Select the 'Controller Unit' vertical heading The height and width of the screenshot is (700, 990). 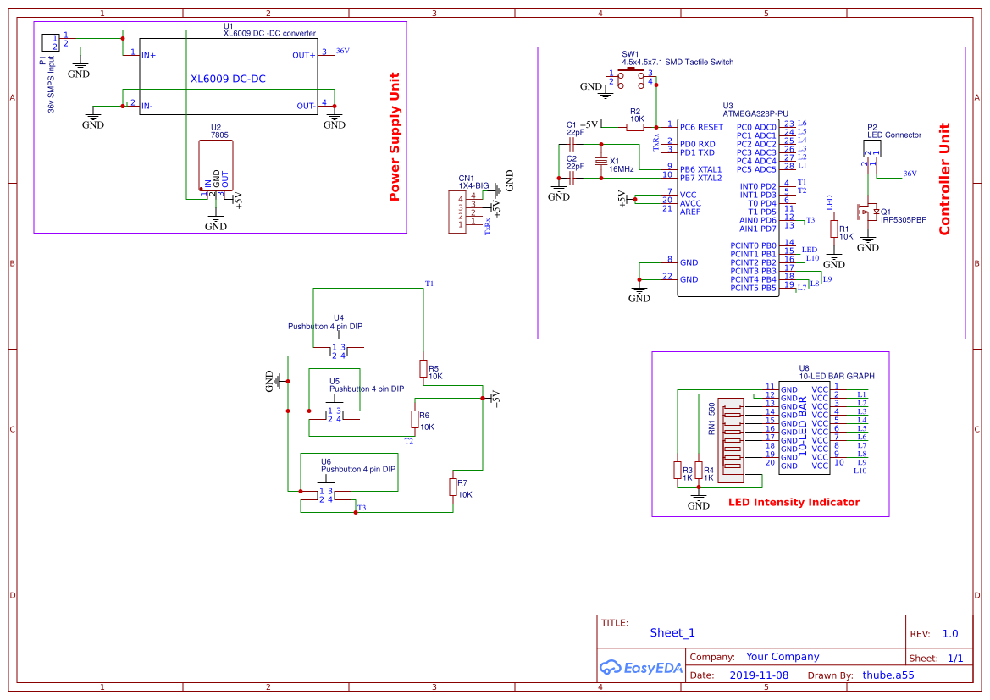[944, 179]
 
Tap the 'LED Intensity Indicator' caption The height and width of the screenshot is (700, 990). [794, 502]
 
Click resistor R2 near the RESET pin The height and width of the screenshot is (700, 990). [635, 127]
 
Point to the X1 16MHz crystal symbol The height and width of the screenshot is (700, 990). [602, 161]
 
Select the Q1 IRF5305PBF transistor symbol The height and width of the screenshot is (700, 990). [866, 212]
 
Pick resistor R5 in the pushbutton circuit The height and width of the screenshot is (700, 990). [423, 368]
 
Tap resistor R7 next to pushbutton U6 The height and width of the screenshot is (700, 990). [452, 487]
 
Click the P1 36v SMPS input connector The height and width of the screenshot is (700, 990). [50, 41]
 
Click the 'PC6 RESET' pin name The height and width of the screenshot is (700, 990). [701, 127]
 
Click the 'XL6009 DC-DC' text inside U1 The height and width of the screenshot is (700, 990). [228, 79]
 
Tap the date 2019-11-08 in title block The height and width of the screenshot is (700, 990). [758, 675]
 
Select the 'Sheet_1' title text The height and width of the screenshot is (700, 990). [672, 632]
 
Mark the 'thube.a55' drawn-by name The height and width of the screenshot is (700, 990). [888, 675]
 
